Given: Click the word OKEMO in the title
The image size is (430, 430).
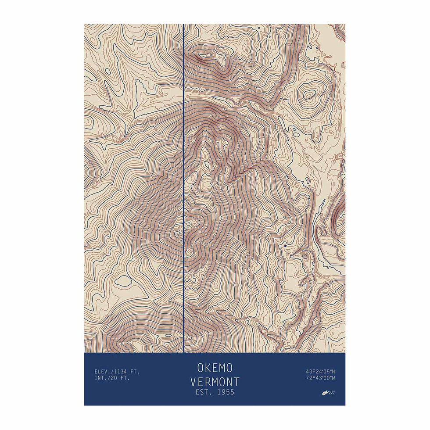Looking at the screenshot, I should point(215,367).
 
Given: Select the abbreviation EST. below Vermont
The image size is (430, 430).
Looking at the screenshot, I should point(204,392).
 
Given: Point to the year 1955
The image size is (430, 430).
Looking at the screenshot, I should point(225,392).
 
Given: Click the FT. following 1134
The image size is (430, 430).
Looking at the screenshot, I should point(135,372).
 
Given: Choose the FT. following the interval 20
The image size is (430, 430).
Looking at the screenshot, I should point(125,378).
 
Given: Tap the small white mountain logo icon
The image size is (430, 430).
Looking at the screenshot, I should point(325,393).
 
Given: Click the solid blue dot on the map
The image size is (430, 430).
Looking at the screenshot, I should point(285,246).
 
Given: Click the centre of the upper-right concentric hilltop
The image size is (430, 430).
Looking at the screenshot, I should point(309,94).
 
